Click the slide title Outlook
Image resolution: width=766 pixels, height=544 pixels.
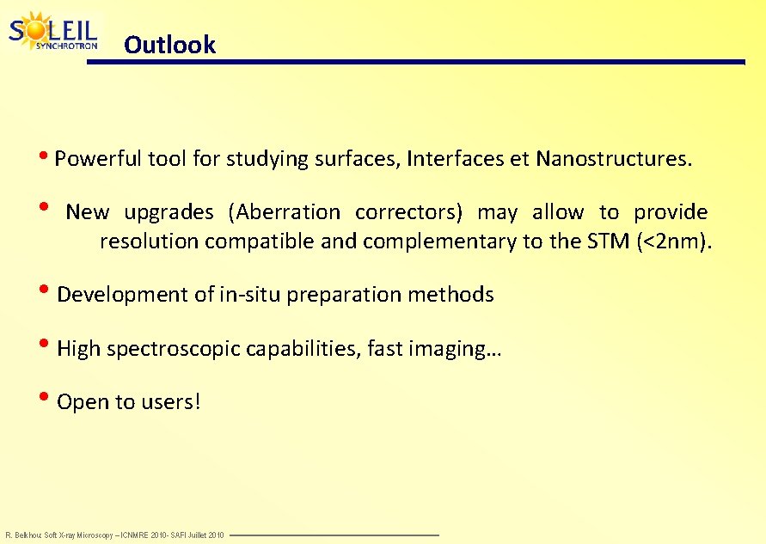click(169, 45)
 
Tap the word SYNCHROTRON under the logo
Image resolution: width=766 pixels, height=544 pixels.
click(66, 46)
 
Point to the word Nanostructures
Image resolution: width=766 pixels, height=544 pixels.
click(613, 159)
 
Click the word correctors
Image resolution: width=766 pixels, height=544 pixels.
click(408, 212)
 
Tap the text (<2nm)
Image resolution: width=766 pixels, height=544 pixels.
click(674, 241)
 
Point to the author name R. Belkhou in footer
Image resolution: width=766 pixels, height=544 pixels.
click(22, 535)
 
